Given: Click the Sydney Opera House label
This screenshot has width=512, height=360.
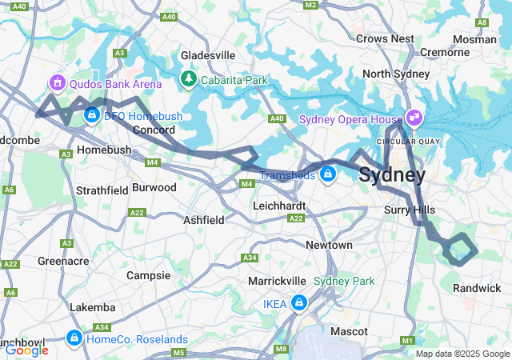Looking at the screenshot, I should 350,119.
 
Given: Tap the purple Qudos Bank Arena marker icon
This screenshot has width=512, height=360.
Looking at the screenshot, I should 57,82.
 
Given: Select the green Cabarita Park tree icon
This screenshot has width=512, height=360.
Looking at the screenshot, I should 189,78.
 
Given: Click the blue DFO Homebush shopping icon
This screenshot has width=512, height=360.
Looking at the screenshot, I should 92,116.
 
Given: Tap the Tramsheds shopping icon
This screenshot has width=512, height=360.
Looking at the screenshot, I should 327,173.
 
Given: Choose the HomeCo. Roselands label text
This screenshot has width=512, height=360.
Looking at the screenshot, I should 137,338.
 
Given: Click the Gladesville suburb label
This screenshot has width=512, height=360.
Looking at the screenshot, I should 208,54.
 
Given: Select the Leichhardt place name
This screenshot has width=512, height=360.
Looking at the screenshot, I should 274,206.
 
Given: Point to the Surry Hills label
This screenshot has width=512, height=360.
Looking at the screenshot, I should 408,210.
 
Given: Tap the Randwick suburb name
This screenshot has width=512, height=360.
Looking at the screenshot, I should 477,287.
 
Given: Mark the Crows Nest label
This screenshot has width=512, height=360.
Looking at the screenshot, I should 385,38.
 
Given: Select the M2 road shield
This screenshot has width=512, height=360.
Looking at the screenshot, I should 311,6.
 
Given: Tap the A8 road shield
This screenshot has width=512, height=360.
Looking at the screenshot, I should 482,22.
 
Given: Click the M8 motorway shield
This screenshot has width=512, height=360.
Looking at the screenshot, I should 281,349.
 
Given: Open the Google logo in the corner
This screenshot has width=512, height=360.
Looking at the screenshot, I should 26,350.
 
